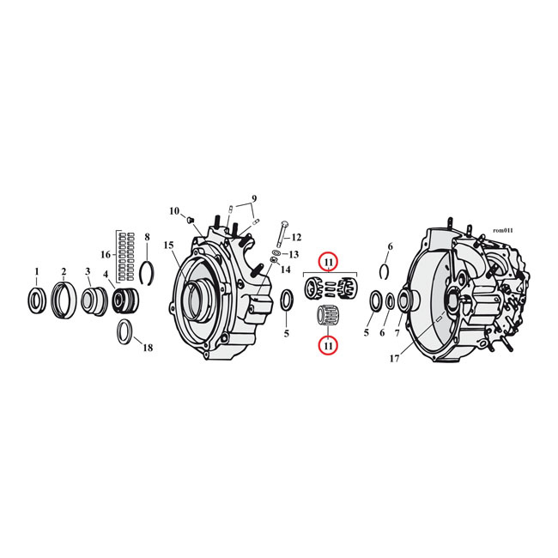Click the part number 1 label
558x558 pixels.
pos(36,271)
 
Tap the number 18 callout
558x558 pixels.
pos(148,348)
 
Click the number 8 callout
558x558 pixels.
pos(147,237)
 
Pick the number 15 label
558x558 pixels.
pos(169,246)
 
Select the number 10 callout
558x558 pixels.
pos(174,211)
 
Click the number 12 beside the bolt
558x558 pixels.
pos(296,237)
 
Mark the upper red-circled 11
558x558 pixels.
pos(328,261)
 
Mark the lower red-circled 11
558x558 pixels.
pos(328,345)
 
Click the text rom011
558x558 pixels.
pos(502,230)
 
